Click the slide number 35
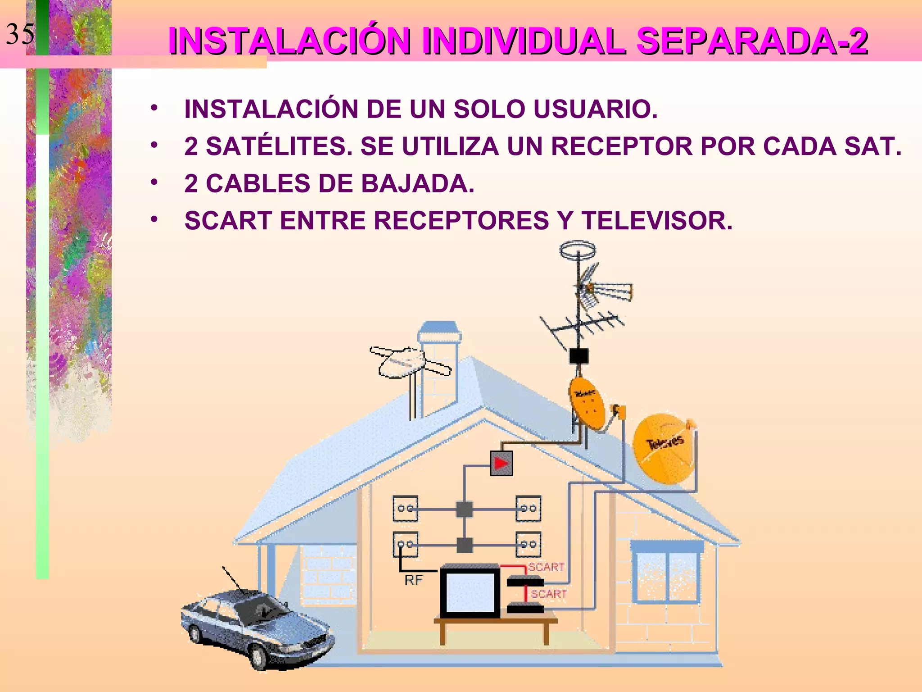pyautogui.click(x=20, y=34)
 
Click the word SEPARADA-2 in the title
pyautogui.click(x=752, y=41)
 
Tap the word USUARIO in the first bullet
pyautogui.click(x=595, y=109)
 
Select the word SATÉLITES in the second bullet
pyautogui.click(x=280, y=146)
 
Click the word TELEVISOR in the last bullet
pyautogui.click(x=657, y=220)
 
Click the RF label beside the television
pyautogui.click(x=413, y=580)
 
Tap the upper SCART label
pyautogui.click(x=546, y=567)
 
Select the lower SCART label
pyautogui.click(x=548, y=594)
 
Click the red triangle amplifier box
pyautogui.click(x=501, y=463)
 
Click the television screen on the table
pyautogui.click(x=470, y=592)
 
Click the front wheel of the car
pyautogui.click(x=261, y=657)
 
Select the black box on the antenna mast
pyautogui.click(x=579, y=356)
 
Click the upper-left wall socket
pyautogui.click(x=405, y=509)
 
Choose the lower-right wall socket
pyautogui.click(x=528, y=545)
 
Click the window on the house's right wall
pyautogui.click(x=667, y=574)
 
